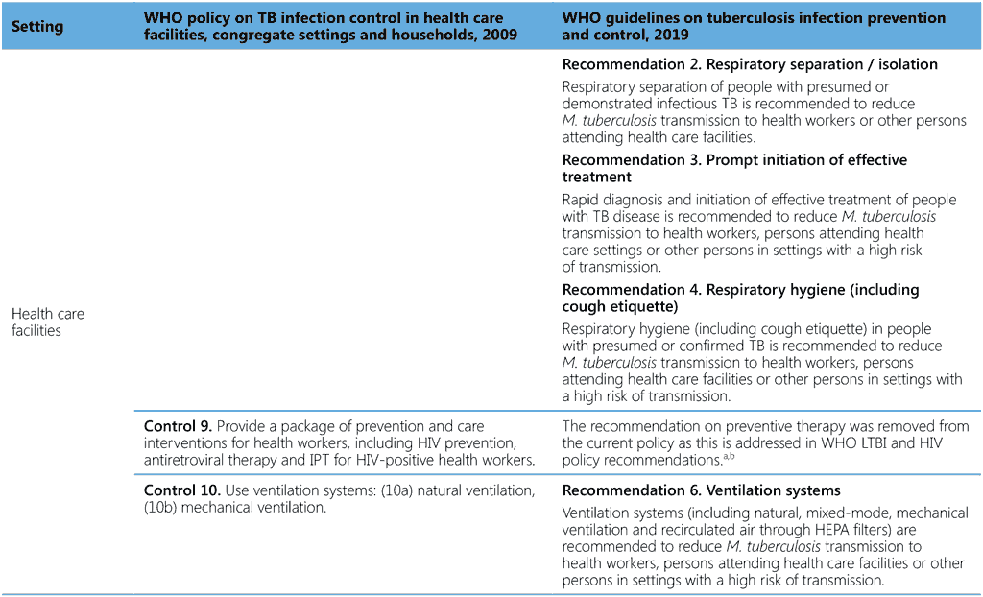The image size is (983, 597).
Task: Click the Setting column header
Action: coord(36,26)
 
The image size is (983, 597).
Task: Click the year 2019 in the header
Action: coord(672,35)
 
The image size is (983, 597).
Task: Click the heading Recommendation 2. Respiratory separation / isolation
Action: coord(750,64)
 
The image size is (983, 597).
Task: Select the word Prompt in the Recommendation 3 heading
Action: coord(734,159)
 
